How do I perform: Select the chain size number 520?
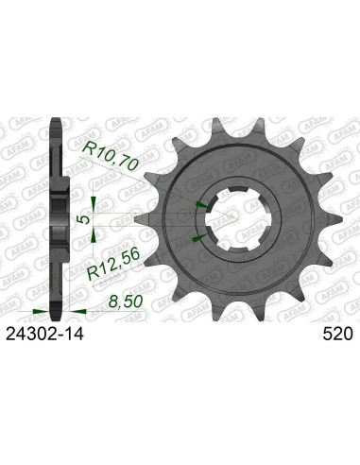point(337,334)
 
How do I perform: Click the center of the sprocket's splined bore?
point(225,218)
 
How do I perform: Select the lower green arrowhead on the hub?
point(197,241)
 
